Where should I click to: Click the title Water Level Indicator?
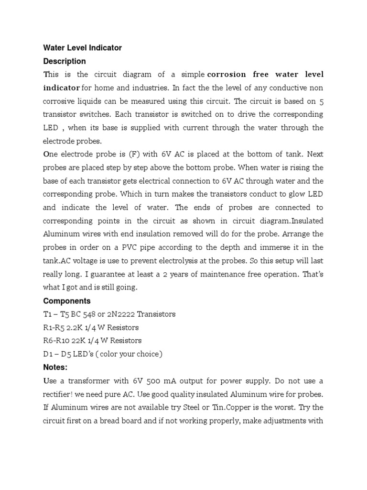click(82, 48)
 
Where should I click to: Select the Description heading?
click(65, 61)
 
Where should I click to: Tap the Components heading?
click(66, 301)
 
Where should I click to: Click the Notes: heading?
click(55, 367)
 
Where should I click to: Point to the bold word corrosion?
click(227, 75)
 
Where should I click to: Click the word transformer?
click(89, 381)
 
